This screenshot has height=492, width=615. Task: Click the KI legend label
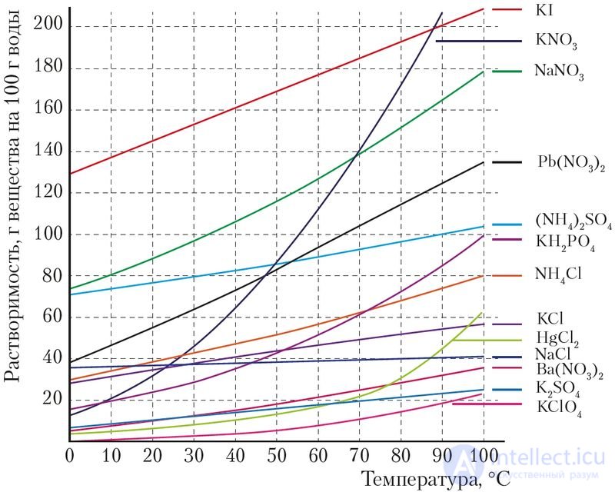(x=544, y=11)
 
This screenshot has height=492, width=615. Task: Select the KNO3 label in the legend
(x=552, y=40)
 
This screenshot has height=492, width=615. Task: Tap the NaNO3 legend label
(x=559, y=74)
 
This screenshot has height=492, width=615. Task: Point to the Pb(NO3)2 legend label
(x=566, y=164)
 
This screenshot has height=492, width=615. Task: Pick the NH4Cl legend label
(x=560, y=275)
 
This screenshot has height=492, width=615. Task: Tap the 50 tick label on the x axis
(x=276, y=454)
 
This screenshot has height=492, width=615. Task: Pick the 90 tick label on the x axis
(x=442, y=454)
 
